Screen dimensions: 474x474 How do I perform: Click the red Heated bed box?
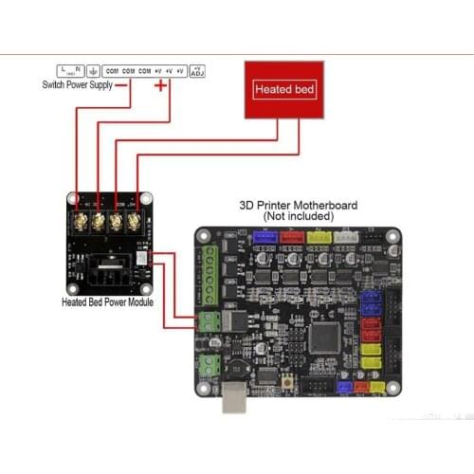click(285, 89)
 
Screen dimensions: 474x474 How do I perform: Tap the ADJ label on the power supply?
click(197, 70)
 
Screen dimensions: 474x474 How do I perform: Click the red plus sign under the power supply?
click(160, 86)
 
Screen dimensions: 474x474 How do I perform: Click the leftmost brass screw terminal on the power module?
click(82, 222)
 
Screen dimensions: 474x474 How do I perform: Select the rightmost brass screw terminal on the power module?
click(133, 222)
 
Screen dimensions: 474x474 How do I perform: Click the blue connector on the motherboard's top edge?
click(261, 238)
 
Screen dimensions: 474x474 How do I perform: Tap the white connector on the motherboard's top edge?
click(347, 238)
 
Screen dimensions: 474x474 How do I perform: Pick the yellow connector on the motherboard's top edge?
click(319, 238)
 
